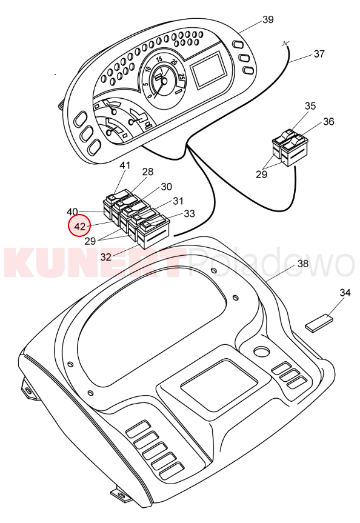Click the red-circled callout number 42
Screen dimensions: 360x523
pyautogui.click(x=80, y=227)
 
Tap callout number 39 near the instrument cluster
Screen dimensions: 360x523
pyautogui.click(x=268, y=19)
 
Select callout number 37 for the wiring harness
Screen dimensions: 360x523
pyautogui.click(x=319, y=54)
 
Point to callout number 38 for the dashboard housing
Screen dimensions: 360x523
pyautogui.click(x=303, y=264)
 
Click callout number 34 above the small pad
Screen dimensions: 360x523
pyautogui.click(x=345, y=293)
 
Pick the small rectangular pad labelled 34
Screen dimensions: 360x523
pyautogui.click(x=319, y=322)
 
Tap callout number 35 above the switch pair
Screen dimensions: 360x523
pyautogui.click(x=310, y=106)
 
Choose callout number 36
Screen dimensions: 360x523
pyautogui.click(x=328, y=122)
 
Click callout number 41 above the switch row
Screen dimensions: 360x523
pyautogui.click(x=125, y=165)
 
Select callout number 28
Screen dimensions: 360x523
pyautogui.click(x=148, y=172)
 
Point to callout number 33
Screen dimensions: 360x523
pyautogui.click(x=189, y=213)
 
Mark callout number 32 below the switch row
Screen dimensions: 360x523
pyautogui.click(x=106, y=257)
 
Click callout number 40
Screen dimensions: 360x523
pyautogui.click(x=72, y=212)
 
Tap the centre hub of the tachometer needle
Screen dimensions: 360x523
pyautogui.click(x=164, y=81)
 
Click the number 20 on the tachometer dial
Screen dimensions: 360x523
pyautogui.click(x=174, y=62)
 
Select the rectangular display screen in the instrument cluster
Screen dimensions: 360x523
pyautogui.click(x=209, y=70)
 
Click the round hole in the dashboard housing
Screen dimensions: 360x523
pyautogui.click(x=262, y=351)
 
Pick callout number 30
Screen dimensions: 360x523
pyautogui.click(x=166, y=187)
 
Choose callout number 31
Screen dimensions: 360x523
pyautogui.click(x=178, y=201)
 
